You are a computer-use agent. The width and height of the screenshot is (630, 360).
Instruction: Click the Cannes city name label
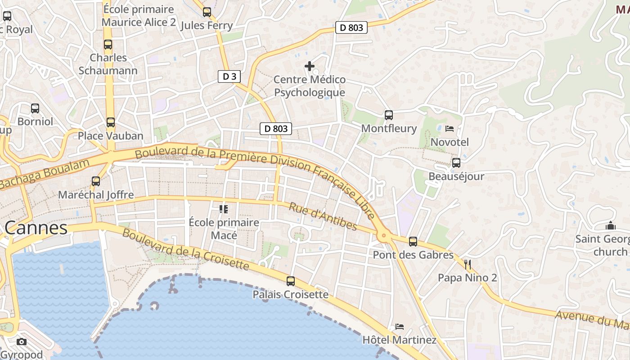click(36, 228)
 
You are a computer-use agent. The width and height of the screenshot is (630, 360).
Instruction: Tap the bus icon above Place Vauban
click(111, 122)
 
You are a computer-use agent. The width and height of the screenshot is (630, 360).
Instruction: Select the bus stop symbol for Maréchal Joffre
click(96, 181)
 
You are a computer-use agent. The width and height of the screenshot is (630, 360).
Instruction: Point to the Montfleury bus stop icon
click(389, 115)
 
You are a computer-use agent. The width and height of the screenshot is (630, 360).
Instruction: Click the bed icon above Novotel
click(449, 129)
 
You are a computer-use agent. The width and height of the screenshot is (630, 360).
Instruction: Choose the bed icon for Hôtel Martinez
click(399, 326)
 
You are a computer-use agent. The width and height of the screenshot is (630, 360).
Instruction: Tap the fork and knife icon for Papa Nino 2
click(468, 264)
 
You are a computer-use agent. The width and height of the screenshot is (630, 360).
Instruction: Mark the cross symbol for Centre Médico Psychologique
click(310, 66)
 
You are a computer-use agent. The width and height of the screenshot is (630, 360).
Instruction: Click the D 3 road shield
click(229, 76)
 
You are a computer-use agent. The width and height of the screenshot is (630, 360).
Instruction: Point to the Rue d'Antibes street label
click(323, 216)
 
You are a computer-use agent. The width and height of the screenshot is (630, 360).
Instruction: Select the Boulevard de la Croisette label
click(185, 250)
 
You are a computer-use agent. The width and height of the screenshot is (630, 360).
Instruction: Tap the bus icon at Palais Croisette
click(291, 281)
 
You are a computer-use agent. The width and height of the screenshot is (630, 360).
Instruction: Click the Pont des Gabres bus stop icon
click(413, 242)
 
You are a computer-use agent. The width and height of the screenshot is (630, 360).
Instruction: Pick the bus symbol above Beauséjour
click(456, 163)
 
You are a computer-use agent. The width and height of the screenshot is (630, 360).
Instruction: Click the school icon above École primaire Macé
click(224, 209)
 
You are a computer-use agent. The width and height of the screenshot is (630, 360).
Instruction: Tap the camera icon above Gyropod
click(22, 342)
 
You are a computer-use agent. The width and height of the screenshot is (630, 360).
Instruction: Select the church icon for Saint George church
click(611, 225)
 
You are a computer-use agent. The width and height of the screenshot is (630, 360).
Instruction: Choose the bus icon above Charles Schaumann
click(108, 45)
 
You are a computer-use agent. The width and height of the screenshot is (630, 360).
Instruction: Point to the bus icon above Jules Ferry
click(207, 12)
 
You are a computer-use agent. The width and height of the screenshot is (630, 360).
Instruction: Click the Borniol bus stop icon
click(35, 108)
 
